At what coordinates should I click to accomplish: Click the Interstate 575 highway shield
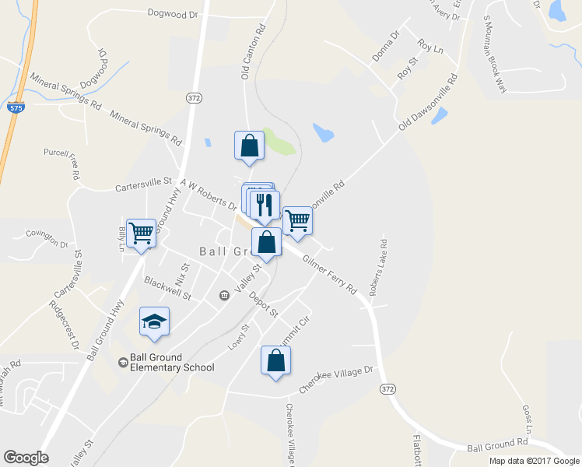point(16,108)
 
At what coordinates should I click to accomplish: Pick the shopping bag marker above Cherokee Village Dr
point(275,360)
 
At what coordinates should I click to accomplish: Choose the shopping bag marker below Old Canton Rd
point(249,146)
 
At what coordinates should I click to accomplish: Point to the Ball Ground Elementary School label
point(166,363)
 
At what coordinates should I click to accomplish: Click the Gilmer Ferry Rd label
point(329,276)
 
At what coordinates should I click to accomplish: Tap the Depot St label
point(263,304)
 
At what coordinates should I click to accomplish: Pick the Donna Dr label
point(385,47)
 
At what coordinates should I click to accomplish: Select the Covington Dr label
point(47,237)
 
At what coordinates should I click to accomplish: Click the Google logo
point(26,458)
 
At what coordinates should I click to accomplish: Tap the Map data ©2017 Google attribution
point(534,461)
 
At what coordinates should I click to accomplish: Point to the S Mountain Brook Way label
point(494,54)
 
